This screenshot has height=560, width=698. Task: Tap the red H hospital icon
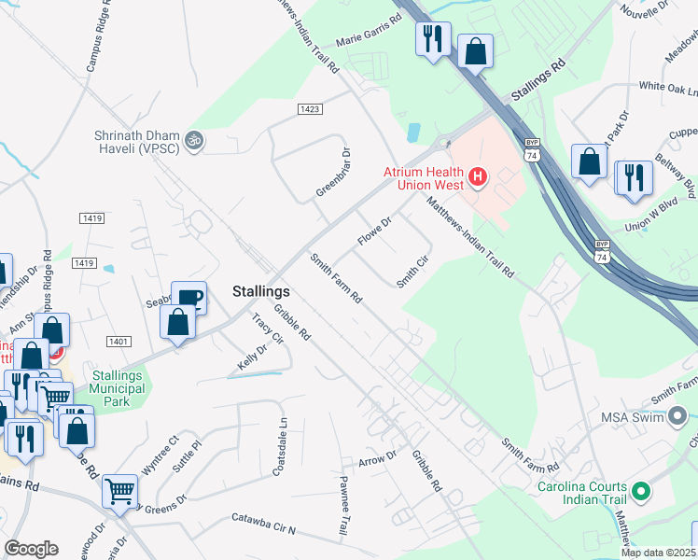[478, 175]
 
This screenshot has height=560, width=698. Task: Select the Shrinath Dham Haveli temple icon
[194, 140]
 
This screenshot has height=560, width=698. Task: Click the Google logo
[31, 549]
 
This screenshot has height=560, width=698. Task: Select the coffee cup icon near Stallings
[188, 297]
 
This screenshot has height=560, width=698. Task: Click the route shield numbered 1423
[311, 109]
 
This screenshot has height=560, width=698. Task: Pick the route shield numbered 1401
[118, 343]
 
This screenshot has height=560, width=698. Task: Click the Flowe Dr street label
[373, 231]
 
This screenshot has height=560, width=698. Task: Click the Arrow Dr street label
[377, 458]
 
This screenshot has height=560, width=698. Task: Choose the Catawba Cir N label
[263, 524]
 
